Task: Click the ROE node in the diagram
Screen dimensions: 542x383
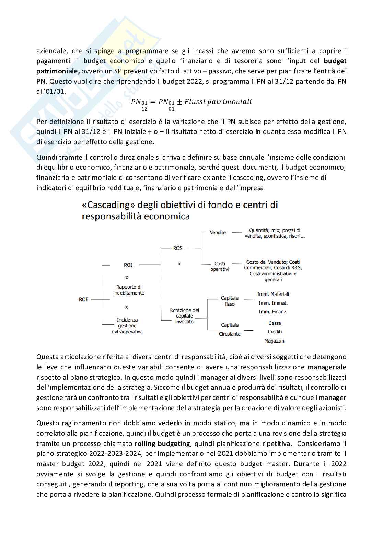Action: (84, 299)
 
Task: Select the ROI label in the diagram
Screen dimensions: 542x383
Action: (128, 265)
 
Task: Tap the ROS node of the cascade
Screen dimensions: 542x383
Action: (178, 248)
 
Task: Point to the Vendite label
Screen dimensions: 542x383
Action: (218, 233)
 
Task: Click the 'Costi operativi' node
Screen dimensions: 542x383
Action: (220, 266)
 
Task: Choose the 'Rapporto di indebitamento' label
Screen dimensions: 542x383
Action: (129, 290)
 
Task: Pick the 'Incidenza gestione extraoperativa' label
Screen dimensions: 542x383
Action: (127, 326)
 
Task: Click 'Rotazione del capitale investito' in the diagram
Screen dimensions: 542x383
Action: (184, 316)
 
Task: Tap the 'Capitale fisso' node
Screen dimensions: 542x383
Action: (230, 301)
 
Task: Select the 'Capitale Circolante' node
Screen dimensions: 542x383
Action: (230, 330)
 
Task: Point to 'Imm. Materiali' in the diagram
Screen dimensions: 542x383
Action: (273, 294)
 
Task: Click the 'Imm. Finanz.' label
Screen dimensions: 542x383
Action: (273, 312)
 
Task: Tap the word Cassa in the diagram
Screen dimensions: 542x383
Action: (275, 323)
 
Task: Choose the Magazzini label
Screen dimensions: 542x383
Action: (275, 341)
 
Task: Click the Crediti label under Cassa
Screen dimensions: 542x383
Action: (275, 332)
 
